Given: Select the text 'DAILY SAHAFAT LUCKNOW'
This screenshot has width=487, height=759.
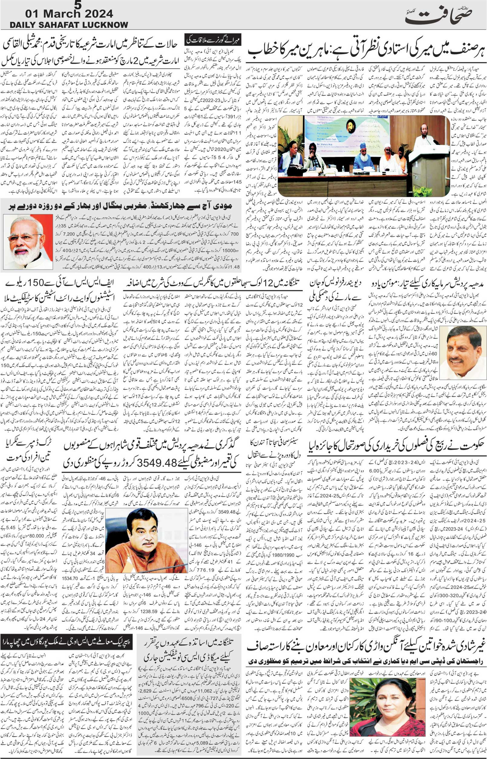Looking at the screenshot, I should coord(69,25).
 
